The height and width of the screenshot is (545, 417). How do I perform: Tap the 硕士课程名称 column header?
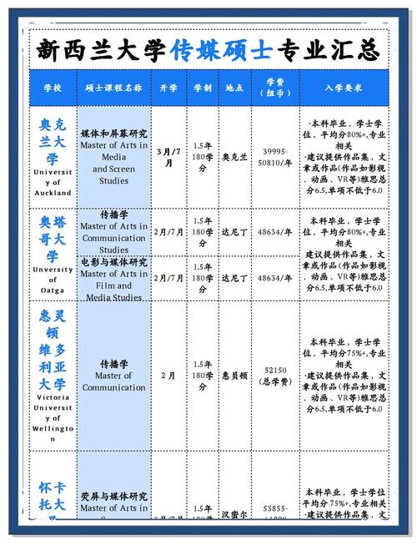pos(114,87)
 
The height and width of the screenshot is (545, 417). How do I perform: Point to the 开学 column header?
pos(169,87)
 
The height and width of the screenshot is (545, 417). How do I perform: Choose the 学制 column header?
pos(203,87)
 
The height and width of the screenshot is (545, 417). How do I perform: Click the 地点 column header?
pos(235,87)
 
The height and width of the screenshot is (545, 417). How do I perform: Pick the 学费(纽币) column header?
pos(276,87)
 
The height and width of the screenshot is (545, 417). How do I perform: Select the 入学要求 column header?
pos(344,87)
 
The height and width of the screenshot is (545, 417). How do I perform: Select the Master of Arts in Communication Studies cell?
pos(114,231)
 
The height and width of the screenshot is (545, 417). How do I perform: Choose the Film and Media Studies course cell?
pos(114,279)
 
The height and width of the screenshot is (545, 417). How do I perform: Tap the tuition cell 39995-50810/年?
pos(276,157)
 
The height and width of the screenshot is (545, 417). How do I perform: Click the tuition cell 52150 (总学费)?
pos(276,376)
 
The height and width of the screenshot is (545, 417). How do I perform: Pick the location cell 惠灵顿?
pos(235,376)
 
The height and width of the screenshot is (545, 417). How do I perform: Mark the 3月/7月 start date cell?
pos(169,157)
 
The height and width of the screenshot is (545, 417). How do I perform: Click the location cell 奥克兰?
pos(235,157)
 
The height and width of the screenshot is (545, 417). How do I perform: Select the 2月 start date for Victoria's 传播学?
pos(169,376)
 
